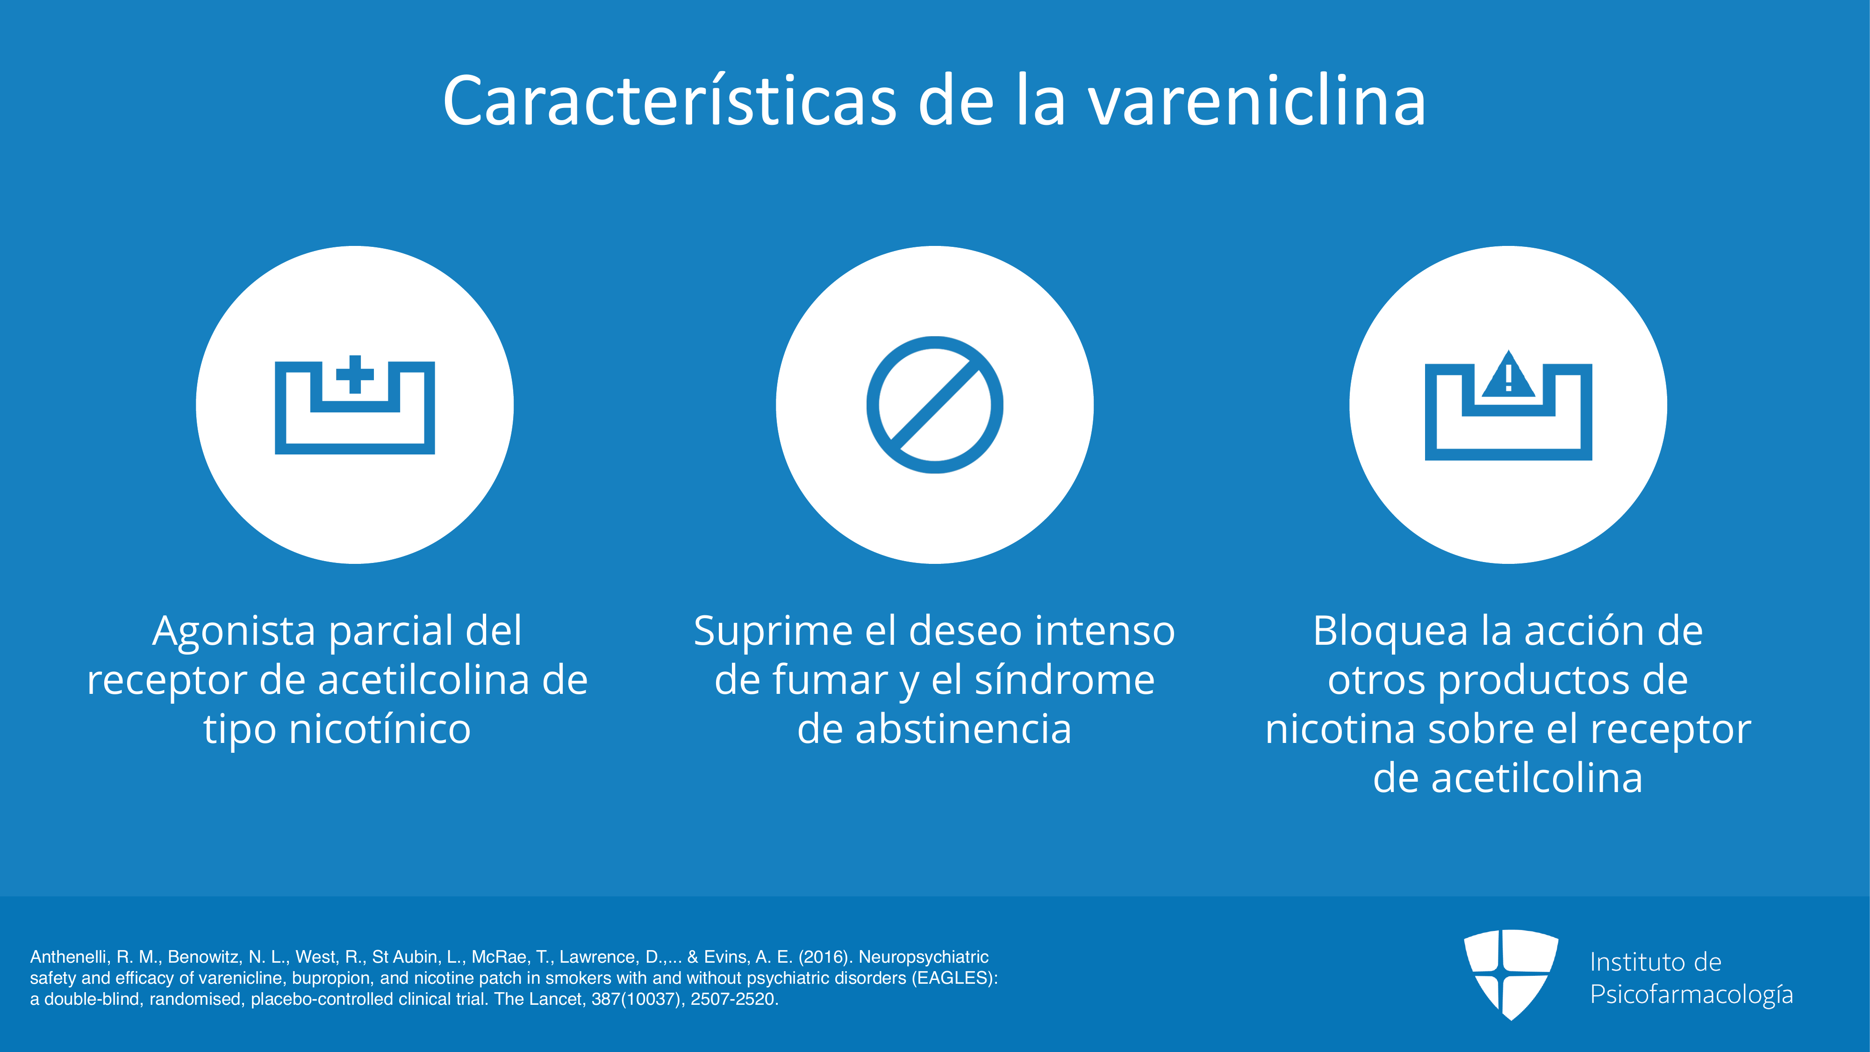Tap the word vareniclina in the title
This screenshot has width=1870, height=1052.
point(1257,101)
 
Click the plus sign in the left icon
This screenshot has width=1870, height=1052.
point(355,375)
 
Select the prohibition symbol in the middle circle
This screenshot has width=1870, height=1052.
point(935,404)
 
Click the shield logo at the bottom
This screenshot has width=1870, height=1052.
point(1511,974)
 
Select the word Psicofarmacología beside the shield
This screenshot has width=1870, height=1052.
point(1691,994)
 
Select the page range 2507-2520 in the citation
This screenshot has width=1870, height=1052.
point(734,999)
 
